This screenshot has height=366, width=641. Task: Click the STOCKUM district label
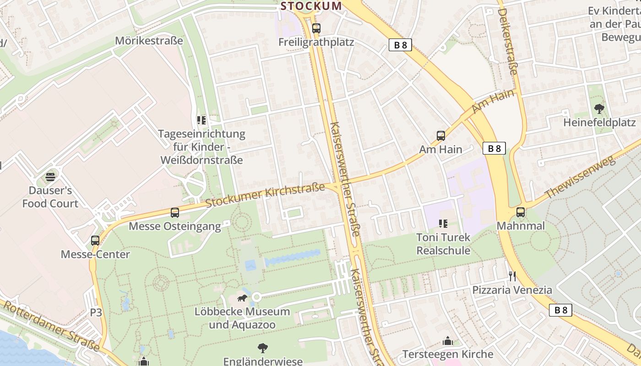click(311, 6)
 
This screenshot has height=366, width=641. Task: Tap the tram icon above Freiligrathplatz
click(316, 28)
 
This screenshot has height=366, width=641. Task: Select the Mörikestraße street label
click(149, 41)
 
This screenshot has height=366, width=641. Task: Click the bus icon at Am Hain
click(440, 136)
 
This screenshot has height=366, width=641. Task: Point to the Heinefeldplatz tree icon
click(599, 109)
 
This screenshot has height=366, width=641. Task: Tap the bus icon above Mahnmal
click(521, 212)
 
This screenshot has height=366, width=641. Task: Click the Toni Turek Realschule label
click(443, 244)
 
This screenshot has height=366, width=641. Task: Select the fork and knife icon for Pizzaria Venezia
click(512, 276)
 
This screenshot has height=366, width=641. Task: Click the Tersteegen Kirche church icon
click(447, 341)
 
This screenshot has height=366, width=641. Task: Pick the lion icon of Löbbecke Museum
click(242, 298)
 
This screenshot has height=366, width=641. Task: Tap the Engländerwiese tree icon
click(263, 348)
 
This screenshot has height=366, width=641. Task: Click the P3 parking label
click(96, 312)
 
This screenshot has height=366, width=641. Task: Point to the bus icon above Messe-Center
click(95, 241)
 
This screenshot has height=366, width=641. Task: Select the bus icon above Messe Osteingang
click(174, 213)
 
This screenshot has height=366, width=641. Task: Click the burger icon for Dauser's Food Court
click(50, 177)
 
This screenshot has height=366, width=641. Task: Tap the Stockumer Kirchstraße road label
click(265, 195)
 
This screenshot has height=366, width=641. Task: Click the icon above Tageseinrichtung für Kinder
click(201, 120)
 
